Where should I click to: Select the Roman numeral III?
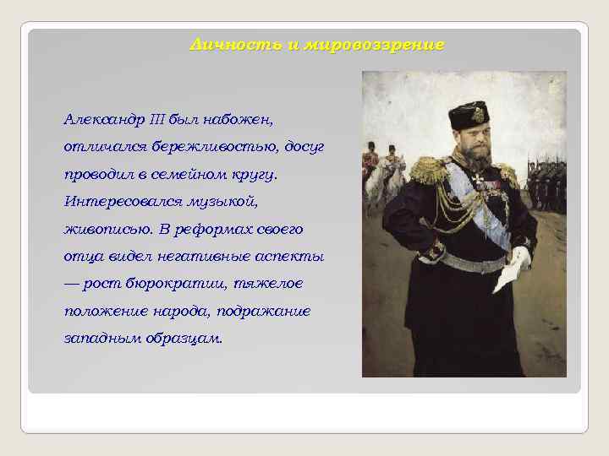point(157,117)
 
